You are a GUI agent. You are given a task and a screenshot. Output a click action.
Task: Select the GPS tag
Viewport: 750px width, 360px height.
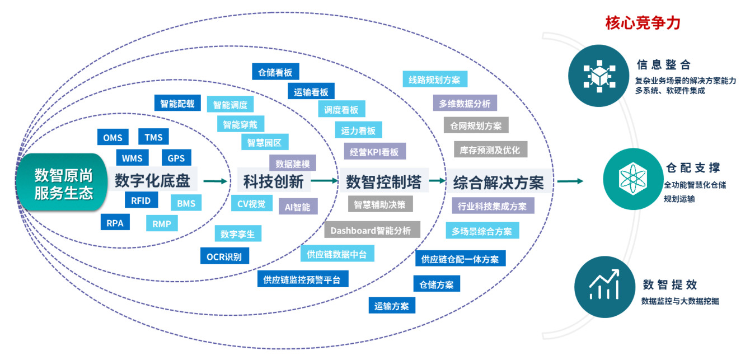click(176, 158)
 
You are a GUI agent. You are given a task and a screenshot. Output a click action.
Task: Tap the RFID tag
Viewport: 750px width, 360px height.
click(140, 200)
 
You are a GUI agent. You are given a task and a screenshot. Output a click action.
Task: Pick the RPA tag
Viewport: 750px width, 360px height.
click(115, 222)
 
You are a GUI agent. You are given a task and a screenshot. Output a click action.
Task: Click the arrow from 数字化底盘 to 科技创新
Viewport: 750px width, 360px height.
click(216, 181)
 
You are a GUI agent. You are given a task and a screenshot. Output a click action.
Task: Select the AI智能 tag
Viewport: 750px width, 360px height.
click(298, 207)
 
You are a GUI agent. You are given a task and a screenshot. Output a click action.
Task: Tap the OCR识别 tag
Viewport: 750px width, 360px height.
click(224, 257)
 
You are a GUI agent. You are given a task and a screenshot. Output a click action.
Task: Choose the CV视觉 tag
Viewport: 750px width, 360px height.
click(251, 203)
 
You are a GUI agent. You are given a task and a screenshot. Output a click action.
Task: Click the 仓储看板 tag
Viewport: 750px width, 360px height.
click(275, 72)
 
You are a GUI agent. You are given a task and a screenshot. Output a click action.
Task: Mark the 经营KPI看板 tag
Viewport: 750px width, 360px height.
click(374, 152)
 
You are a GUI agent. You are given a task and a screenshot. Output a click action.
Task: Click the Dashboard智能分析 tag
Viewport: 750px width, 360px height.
click(371, 230)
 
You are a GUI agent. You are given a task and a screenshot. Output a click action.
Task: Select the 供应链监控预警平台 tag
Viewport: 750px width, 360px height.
click(302, 279)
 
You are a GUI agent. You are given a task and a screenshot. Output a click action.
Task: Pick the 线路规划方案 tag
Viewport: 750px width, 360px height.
click(434, 80)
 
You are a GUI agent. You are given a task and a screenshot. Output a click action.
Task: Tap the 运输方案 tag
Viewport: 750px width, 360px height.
click(392, 306)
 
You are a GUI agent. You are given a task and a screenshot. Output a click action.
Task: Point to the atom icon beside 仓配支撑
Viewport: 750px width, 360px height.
click(630, 178)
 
